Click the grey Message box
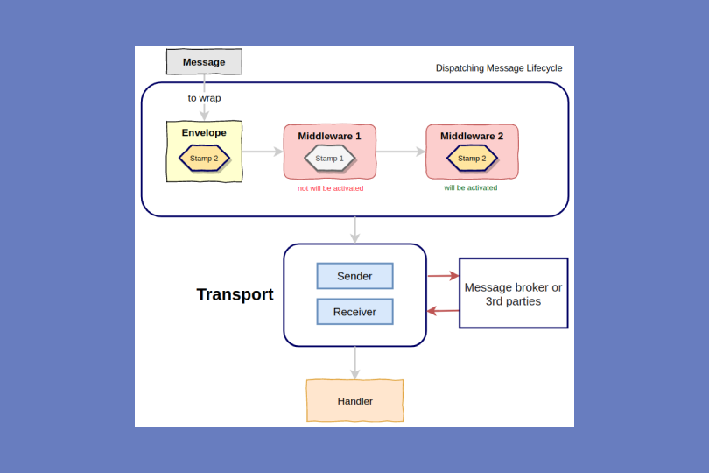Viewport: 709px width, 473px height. [204, 62]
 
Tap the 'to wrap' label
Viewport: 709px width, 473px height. [204, 98]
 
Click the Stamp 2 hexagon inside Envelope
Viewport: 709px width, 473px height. [204, 159]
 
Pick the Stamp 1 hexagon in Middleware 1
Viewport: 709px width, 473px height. [330, 159]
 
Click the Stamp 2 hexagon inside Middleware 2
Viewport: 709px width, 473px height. [472, 159]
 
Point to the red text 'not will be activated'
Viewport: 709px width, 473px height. [331, 188]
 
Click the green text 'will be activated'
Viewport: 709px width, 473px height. [471, 187]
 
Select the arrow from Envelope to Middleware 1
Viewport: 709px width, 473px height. [262, 152]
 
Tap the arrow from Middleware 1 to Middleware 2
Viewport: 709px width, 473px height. [400, 152]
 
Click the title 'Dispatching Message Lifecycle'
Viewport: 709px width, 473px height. [499, 68]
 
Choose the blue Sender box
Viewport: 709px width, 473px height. [354, 276]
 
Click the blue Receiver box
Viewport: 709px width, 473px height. [354, 312]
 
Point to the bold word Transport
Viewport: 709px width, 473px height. [235, 294]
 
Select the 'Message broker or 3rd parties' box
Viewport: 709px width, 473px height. [513, 293]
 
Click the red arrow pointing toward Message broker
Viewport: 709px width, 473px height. [443, 276]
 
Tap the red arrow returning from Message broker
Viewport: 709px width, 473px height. [443, 311]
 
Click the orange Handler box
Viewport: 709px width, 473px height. [354, 401]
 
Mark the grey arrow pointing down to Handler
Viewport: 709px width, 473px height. [354, 363]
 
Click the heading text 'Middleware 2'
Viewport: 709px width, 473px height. [472, 136]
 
